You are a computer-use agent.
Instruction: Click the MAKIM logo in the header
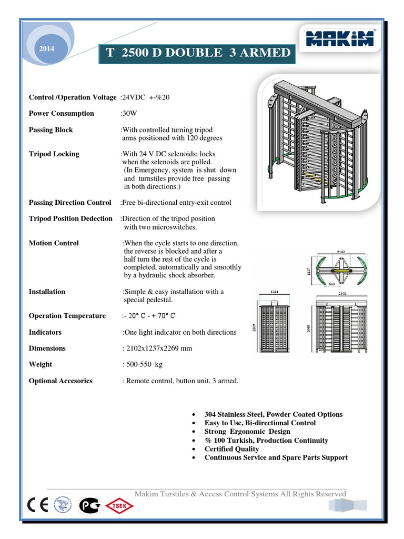(340, 38)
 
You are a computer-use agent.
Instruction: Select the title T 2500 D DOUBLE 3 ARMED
(195, 53)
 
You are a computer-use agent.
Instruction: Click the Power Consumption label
(62, 113)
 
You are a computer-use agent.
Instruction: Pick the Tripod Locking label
(54, 154)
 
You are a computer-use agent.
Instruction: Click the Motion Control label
(54, 243)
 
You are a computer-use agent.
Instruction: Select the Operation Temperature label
(67, 316)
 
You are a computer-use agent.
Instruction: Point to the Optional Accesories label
(60, 381)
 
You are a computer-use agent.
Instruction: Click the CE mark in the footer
(38, 506)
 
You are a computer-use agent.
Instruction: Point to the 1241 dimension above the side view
(274, 291)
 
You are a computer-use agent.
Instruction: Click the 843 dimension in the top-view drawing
(332, 283)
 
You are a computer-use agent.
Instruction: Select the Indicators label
(45, 332)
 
